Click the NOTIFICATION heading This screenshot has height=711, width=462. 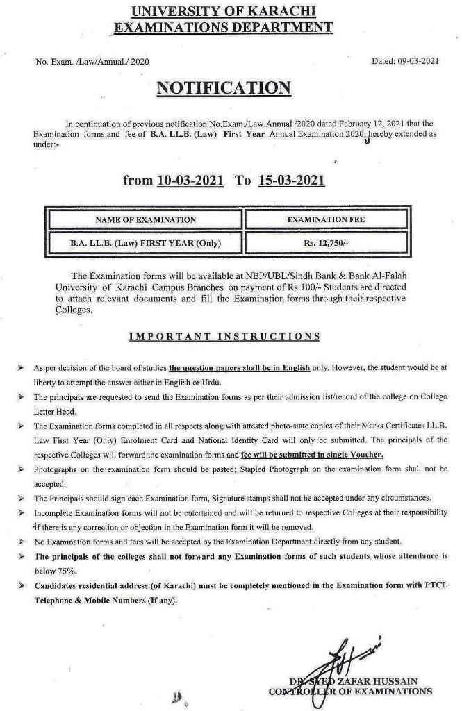coord(223,88)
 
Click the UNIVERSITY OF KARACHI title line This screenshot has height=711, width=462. coord(222,11)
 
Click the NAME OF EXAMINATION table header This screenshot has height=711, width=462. coord(145,219)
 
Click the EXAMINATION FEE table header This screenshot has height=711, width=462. coord(327,219)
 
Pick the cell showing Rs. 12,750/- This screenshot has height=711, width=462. coord(327,244)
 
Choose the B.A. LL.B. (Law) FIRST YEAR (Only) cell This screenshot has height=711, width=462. coord(145,244)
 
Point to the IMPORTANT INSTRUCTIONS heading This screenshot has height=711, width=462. coord(224,336)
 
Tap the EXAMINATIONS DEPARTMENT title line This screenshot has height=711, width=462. coord(222,27)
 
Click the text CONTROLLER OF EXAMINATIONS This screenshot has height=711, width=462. coord(350,691)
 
